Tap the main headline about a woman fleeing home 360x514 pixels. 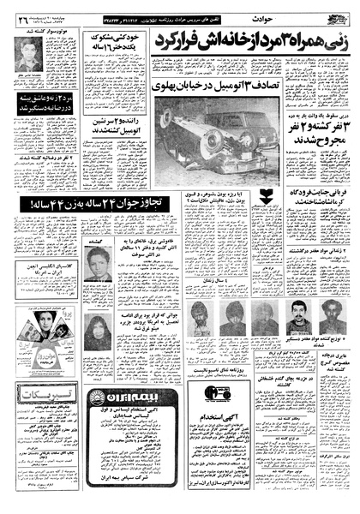coord(243,37)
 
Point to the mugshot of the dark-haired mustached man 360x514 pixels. coord(293,314)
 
